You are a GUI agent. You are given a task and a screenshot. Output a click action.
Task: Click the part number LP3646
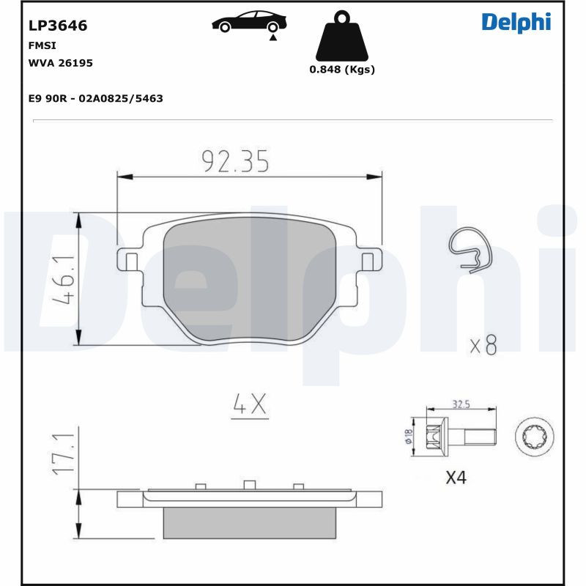click(58, 26)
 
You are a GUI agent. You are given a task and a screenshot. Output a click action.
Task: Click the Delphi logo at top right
click(516, 22)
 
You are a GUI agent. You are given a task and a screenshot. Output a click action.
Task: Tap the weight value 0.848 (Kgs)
click(341, 70)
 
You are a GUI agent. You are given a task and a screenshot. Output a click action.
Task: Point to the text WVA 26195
click(60, 63)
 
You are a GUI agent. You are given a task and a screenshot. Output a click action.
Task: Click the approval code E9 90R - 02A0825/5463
click(95, 98)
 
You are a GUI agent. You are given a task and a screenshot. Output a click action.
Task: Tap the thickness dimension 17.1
click(64, 455)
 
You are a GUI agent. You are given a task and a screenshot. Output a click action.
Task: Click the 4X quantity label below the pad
click(249, 404)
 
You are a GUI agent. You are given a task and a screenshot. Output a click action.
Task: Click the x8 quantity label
click(483, 345)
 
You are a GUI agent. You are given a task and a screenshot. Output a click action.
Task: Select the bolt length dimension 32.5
click(461, 404)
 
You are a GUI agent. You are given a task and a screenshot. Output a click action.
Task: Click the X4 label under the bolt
click(456, 478)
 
